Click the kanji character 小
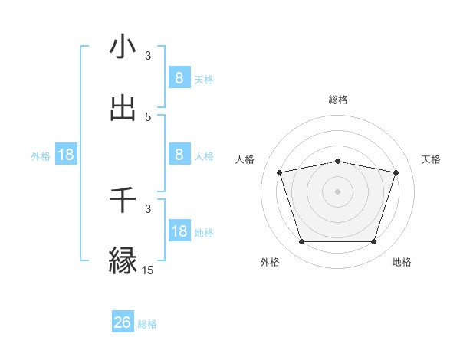[123, 47]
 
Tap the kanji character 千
[123, 200]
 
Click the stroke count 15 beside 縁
[147, 270]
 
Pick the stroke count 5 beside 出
[148, 117]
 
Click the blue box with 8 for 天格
[179, 78]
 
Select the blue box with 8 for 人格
[179, 155]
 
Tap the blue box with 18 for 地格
[179, 231]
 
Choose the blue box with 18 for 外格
[66, 155]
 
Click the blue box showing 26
[123, 322]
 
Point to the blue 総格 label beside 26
[147, 324]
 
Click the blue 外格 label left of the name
[41, 156]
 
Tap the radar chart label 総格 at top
[337, 100]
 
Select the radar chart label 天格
[432, 159]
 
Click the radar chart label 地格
[402, 262]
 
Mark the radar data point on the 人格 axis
[280, 172]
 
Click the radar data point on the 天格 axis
[396, 172]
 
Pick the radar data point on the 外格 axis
[301, 242]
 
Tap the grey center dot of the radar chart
[337, 191]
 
